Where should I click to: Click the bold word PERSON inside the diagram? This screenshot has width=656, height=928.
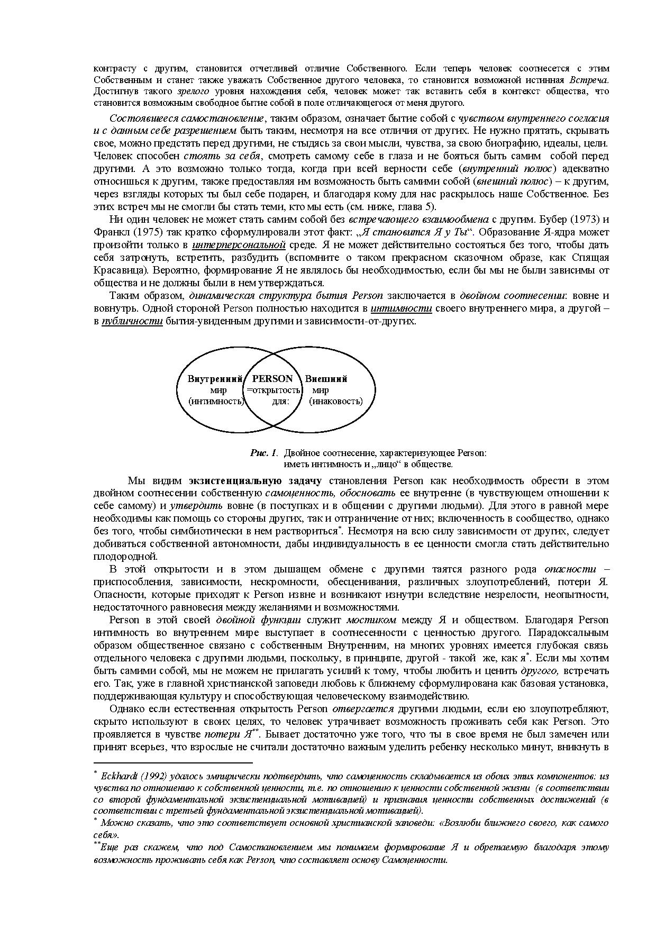click(x=272, y=379)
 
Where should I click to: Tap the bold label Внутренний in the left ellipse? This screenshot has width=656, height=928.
click(x=215, y=379)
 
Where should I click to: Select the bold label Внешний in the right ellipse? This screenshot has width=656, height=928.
click(x=326, y=379)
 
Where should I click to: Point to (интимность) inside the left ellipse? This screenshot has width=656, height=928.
click(x=216, y=401)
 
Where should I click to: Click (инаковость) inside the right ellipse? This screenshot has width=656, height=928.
click(x=336, y=401)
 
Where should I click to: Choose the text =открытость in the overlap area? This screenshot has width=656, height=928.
click(x=274, y=390)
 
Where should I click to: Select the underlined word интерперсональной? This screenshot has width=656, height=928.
click(x=239, y=245)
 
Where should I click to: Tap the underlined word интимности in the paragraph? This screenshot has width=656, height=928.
click(x=401, y=308)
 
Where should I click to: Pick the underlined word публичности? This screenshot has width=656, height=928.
click(x=132, y=321)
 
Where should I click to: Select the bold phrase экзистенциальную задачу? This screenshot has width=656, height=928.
click(x=255, y=481)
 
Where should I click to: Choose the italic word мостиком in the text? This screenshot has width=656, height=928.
click(x=377, y=620)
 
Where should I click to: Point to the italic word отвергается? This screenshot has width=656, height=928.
click(x=362, y=709)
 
